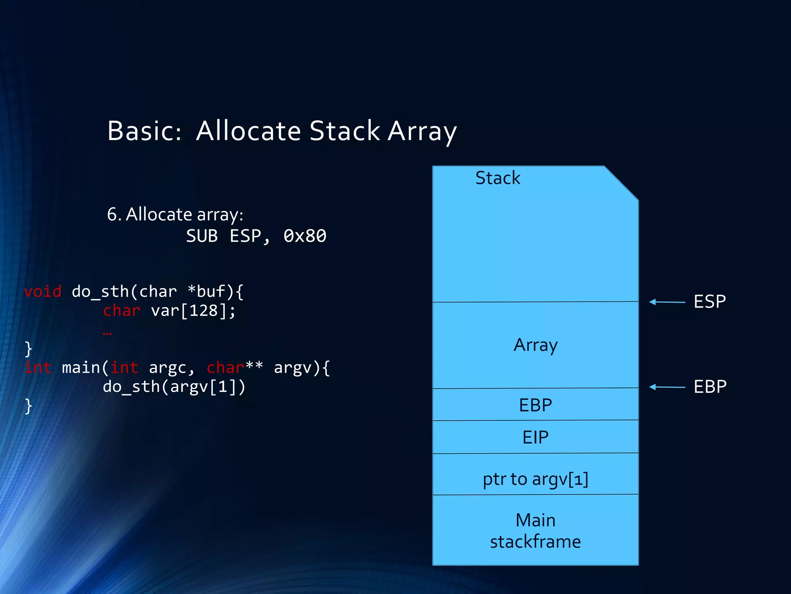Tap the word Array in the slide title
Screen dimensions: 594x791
tap(422, 131)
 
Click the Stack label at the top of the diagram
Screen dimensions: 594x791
tap(497, 178)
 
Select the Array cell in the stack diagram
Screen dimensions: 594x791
tap(535, 345)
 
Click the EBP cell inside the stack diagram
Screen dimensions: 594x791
tap(535, 405)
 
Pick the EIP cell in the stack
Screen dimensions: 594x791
tap(535, 437)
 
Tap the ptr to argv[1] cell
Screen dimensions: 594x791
tap(535, 479)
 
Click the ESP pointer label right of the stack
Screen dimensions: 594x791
tap(710, 302)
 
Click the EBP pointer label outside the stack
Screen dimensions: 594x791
tap(710, 387)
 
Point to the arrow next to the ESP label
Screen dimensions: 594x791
tap(667, 302)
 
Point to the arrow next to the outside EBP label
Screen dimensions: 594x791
tap(667, 387)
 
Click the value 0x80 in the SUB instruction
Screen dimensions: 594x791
tap(305, 236)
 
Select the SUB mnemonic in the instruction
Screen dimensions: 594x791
tap(202, 236)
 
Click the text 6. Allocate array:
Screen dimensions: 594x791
tap(175, 214)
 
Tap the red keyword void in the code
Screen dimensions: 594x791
tap(42, 291)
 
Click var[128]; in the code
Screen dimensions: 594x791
tap(193, 311)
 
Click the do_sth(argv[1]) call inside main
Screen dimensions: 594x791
tap(174, 386)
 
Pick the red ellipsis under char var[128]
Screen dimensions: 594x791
tap(107, 333)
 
